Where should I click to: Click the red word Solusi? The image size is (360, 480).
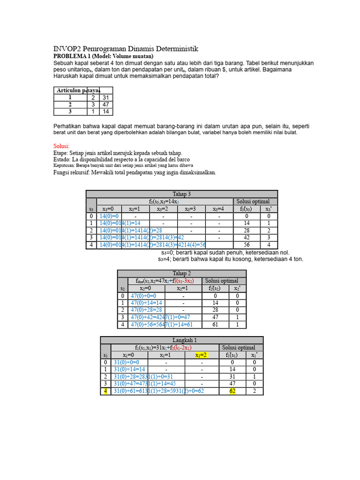61,146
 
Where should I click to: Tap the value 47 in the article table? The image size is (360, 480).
105,105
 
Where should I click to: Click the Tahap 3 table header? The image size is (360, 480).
182,194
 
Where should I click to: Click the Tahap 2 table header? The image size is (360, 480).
181,273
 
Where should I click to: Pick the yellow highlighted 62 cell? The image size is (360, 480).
232,391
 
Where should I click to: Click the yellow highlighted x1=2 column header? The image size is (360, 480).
202,355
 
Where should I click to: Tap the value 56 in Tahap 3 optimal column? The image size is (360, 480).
247,245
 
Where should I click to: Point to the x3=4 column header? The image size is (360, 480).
218,209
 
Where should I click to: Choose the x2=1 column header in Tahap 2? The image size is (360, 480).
183,288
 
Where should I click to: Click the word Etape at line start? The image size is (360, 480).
61,153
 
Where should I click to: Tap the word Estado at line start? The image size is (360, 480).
63,159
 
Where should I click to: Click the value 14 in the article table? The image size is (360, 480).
105,112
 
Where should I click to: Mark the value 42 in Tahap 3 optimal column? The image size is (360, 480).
247,238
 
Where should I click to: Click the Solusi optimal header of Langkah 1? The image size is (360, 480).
239,347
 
